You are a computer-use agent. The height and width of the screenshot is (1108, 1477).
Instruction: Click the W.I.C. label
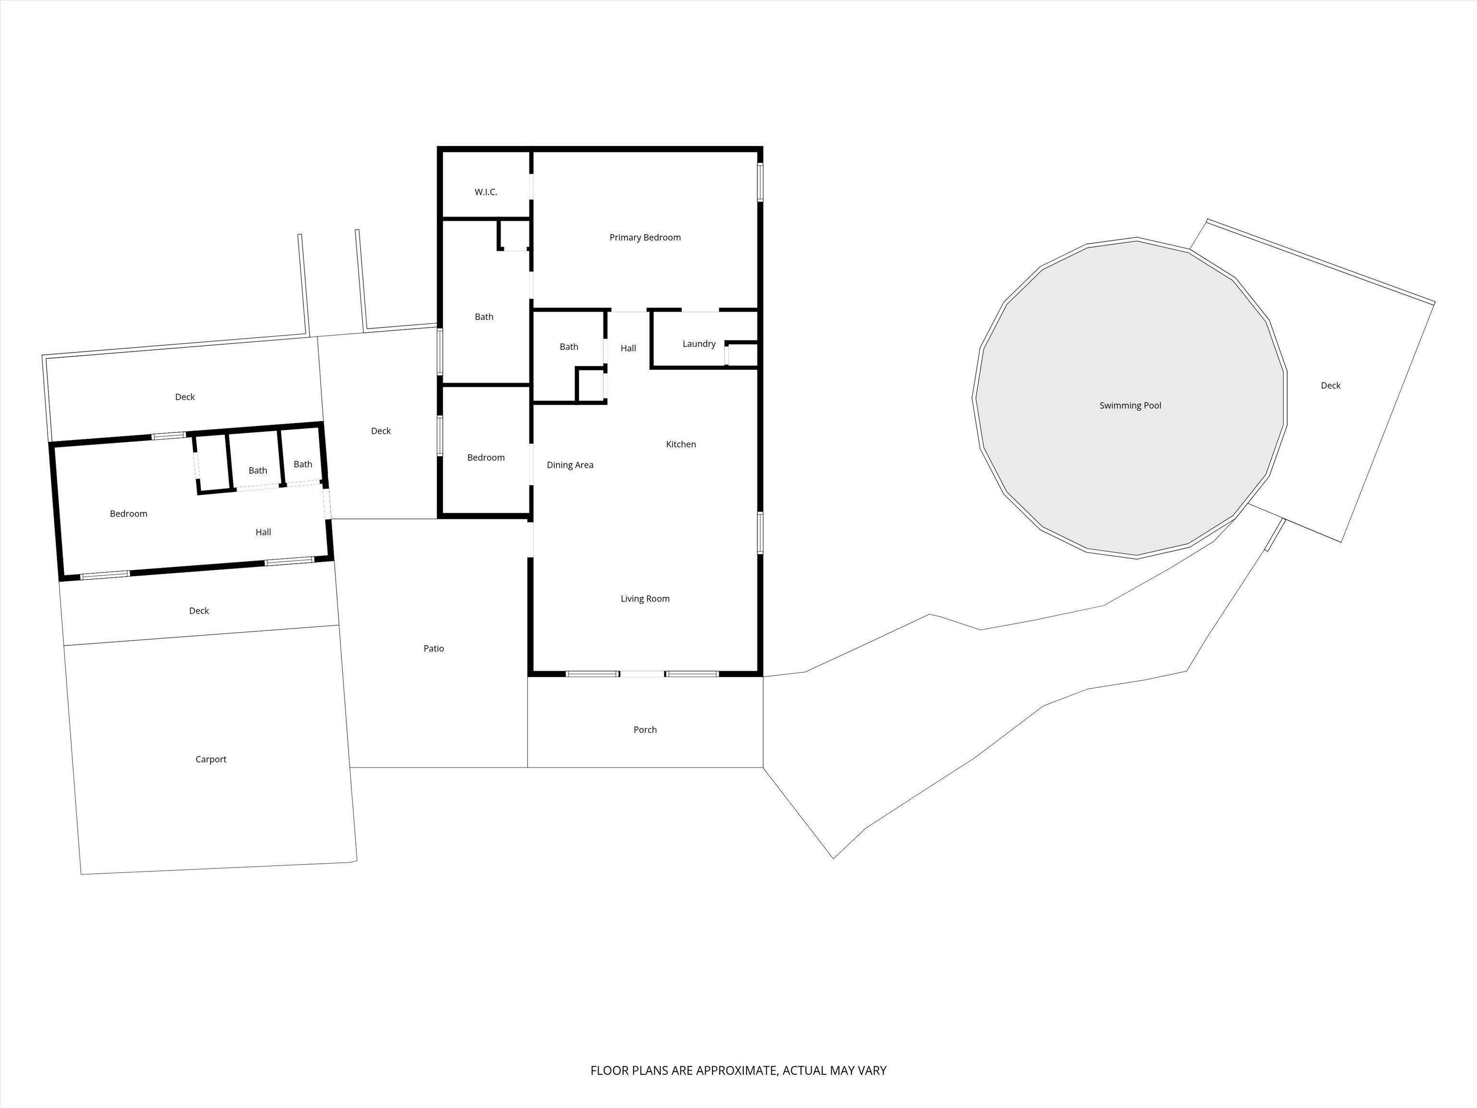486,192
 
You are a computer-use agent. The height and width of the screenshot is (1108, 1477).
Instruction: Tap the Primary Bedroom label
645,238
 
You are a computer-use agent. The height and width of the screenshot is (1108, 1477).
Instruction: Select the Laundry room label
699,344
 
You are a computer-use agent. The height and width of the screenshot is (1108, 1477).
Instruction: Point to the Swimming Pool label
1130,405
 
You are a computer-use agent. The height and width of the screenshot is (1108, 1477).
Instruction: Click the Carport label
211,759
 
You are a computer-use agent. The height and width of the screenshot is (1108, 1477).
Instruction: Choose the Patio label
434,649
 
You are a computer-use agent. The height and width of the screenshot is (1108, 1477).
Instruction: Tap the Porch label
645,730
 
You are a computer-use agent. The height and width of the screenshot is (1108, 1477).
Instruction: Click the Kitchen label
681,444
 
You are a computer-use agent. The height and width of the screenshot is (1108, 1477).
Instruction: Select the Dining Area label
570,465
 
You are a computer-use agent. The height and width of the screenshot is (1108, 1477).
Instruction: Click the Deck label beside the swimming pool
1331,385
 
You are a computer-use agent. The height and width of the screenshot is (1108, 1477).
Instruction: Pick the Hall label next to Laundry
628,348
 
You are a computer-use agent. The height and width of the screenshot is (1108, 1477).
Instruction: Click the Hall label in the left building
263,532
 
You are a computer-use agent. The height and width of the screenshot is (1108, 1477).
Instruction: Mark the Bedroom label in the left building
129,514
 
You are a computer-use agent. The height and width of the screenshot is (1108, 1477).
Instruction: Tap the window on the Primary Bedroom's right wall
760,182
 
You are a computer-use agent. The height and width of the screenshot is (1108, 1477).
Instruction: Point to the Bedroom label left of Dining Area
486,457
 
